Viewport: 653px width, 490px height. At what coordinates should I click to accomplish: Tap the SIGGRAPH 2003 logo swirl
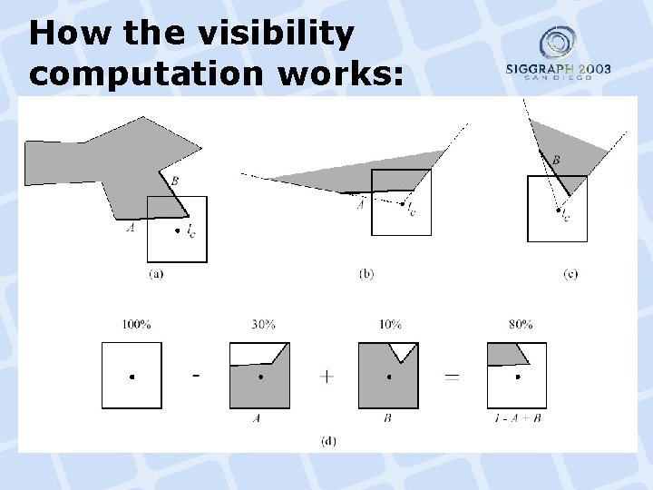tap(557, 43)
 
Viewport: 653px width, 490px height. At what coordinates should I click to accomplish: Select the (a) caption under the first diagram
tap(156, 274)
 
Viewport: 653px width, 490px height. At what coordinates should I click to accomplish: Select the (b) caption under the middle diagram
tap(366, 274)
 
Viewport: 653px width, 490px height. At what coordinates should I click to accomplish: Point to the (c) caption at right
tap(570, 274)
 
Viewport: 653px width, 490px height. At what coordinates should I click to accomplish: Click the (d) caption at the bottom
tap(329, 441)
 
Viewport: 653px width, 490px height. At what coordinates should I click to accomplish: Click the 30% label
tap(263, 324)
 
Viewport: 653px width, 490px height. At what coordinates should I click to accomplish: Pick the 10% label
tap(390, 324)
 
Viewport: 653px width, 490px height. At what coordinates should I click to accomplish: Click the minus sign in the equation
tap(197, 374)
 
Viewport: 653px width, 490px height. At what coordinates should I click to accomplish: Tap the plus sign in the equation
tap(325, 376)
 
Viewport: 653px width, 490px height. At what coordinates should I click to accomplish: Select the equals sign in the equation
tap(451, 376)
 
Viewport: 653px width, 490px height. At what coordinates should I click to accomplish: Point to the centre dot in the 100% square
tap(132, 376)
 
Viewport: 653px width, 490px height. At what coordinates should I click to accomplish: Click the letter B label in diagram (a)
tap(174, 181)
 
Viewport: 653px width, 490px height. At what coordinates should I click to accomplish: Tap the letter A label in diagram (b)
tap(360, 205)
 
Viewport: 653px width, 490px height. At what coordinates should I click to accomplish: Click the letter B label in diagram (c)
tap(555, 161)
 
